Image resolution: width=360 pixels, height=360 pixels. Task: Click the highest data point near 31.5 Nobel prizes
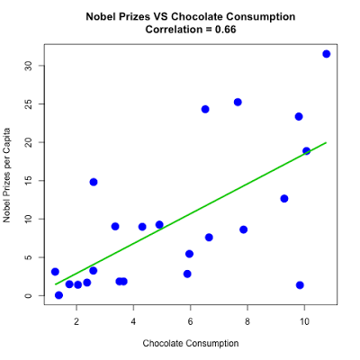(x=327, y=54)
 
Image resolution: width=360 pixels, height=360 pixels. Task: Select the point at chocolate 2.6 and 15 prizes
(x=94, y=182)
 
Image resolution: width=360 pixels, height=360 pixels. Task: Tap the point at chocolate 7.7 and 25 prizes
(x=238, y=102)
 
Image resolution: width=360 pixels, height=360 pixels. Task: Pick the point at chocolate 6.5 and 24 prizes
(x=205, y=109)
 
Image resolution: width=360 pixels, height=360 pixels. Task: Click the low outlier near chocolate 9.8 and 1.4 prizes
(x=300, y=285)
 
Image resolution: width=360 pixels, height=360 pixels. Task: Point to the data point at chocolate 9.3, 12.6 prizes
(x=284, y=199)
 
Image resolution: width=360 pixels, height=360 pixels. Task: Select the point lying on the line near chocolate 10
(x=306, y=151)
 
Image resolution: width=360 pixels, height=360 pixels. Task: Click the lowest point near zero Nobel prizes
(x=58, y=295)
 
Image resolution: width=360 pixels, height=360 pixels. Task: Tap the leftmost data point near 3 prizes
(x=55, y=272)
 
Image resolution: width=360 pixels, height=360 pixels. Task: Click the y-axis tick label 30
(x=28, y=66)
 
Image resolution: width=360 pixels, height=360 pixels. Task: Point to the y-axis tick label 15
(x=28, y=181)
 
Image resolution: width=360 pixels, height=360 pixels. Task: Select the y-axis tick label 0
(x=28, y=296)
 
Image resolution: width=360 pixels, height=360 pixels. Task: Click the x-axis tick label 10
(x=304, y=321)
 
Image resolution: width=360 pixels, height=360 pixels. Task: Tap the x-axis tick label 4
(x=133, y=321)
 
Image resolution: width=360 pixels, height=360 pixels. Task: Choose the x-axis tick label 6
(x=190, y=321)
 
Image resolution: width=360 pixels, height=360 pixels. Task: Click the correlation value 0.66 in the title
(x=225, y=30)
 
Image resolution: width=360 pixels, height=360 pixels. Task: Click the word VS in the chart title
(x=160, y=16)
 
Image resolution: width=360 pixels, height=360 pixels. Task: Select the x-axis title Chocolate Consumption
(x=191, y=343)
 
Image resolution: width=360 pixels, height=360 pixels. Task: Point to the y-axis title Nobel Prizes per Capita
(x=7, y=175)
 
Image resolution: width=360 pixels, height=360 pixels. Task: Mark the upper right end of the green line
(x=326, y=142)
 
